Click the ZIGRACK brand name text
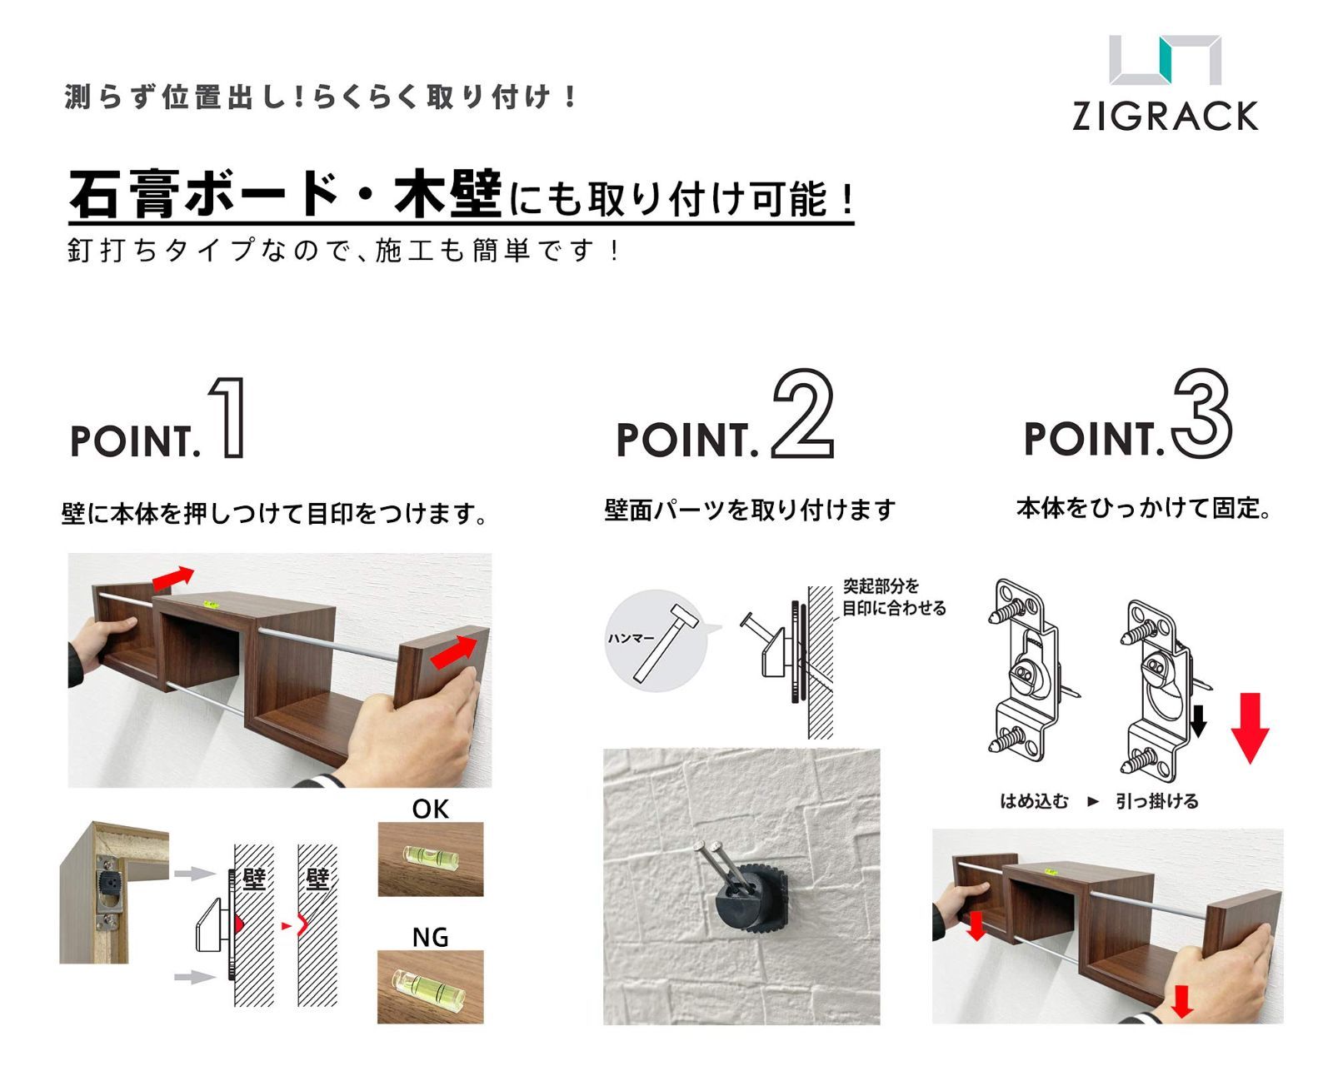pos(1165,117)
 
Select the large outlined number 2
pos(803,413)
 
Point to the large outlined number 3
pos(1201,413)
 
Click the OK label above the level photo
pos(430,809)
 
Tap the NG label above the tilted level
pos(430,937)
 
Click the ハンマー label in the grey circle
pos(631,637)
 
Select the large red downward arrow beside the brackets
pos(1250,728)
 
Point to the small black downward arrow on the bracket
pos(1198,720)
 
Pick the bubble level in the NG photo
pos(427,984)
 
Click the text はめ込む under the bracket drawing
pos(1034,801)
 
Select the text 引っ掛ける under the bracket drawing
pos(1156,801)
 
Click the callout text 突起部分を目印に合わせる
pos(894,597)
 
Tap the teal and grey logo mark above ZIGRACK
pos(1166,59)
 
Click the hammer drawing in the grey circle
pos(666,644)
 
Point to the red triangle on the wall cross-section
pos(238,924)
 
